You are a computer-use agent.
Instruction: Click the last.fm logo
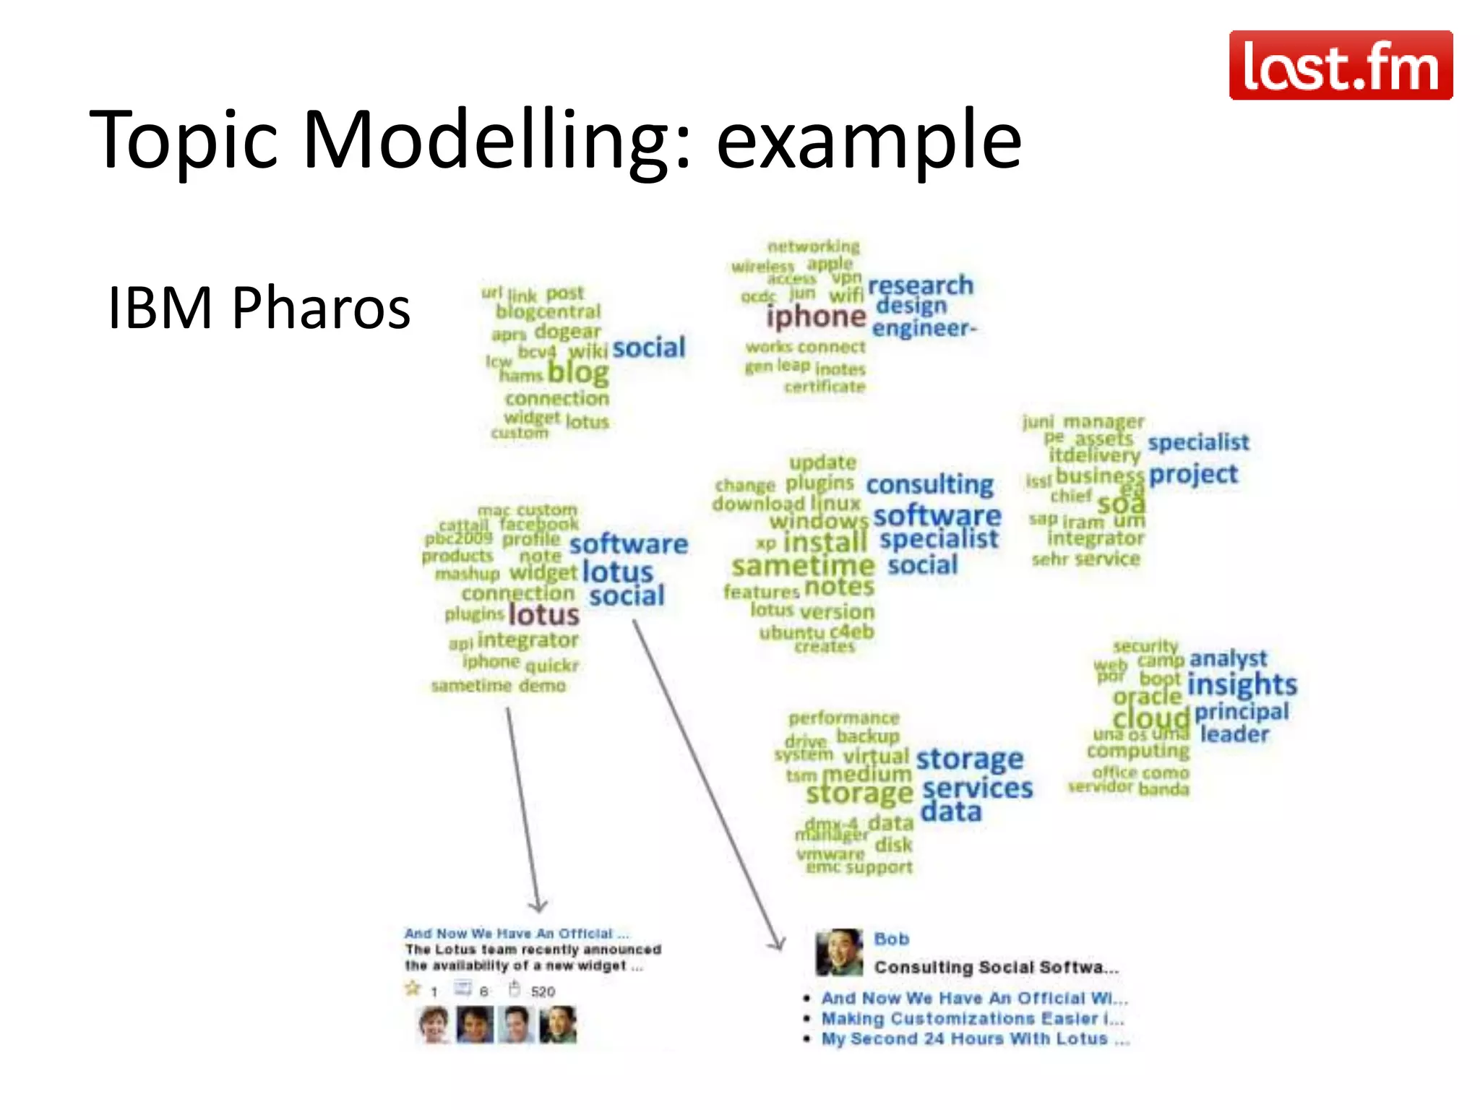pos(1341,65)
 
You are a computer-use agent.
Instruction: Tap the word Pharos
pos(321,308)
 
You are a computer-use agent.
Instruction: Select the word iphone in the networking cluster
pos(816,317)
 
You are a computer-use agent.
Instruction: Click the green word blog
pos(577,373)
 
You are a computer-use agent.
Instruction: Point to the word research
pos(920,285)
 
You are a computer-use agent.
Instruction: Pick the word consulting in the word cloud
pos(929,484)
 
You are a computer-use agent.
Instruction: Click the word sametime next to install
pos(803,566)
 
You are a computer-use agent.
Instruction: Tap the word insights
pos(1242,684)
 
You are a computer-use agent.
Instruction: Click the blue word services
pos(977,788)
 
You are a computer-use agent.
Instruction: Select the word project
pos(1193,475)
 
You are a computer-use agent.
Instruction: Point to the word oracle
pos(1147,697)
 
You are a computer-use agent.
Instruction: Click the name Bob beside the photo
pos(891,939)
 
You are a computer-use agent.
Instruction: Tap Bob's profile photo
pos(839,952)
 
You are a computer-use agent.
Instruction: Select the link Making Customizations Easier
pos(972,1019)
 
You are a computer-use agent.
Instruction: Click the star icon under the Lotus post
pos(413,988)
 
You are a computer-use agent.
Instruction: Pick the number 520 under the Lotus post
pos(543,991)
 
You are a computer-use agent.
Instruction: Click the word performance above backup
pos(843,718)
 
